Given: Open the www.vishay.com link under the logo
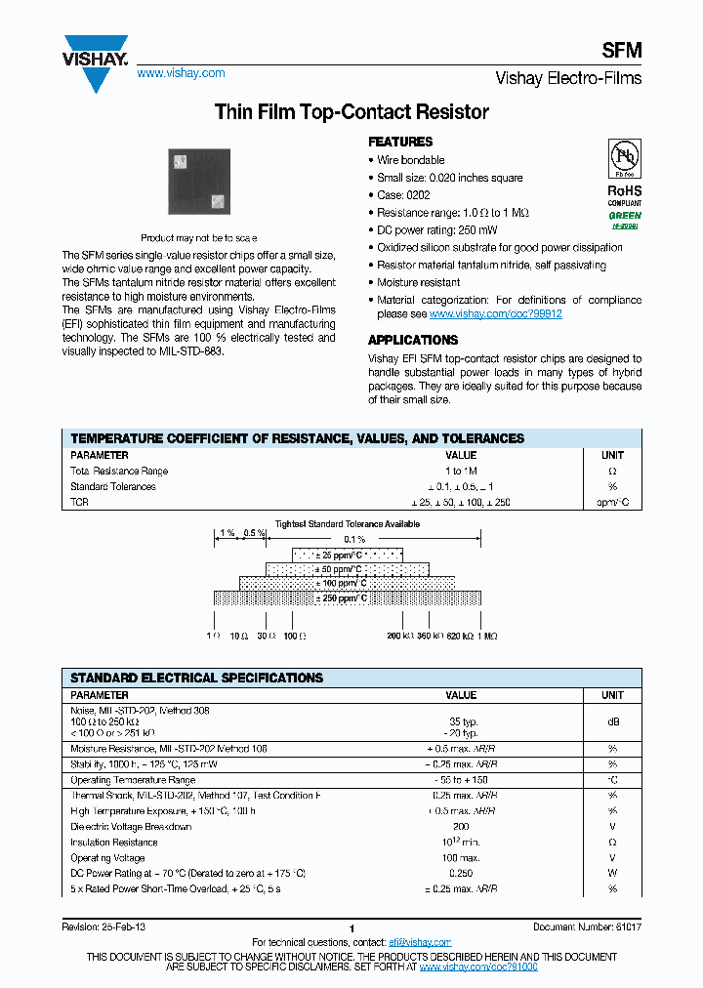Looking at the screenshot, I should click(x=181, y=73).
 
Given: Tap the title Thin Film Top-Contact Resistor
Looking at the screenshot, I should click(x=351, y=112).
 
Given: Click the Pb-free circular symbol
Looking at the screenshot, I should click(x=624, y=158).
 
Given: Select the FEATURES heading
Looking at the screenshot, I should click(x=400, y=142).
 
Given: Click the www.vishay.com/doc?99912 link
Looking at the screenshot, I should click(x=495, y=314).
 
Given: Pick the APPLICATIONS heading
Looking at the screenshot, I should click(x=413, y=340).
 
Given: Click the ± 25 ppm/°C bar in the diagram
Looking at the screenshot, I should click(x=346, y=555).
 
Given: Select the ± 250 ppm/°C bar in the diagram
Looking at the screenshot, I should click(x=346, y=598).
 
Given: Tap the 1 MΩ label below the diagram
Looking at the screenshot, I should click(x=486, y=636).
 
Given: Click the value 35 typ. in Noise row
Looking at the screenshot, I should click(x=461, y=722).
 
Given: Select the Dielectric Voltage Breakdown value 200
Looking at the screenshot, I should click(x=461, y=827).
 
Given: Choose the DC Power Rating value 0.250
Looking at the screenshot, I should click(x=461, y=874).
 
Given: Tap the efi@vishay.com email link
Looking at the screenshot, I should click(x=420, y=942).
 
